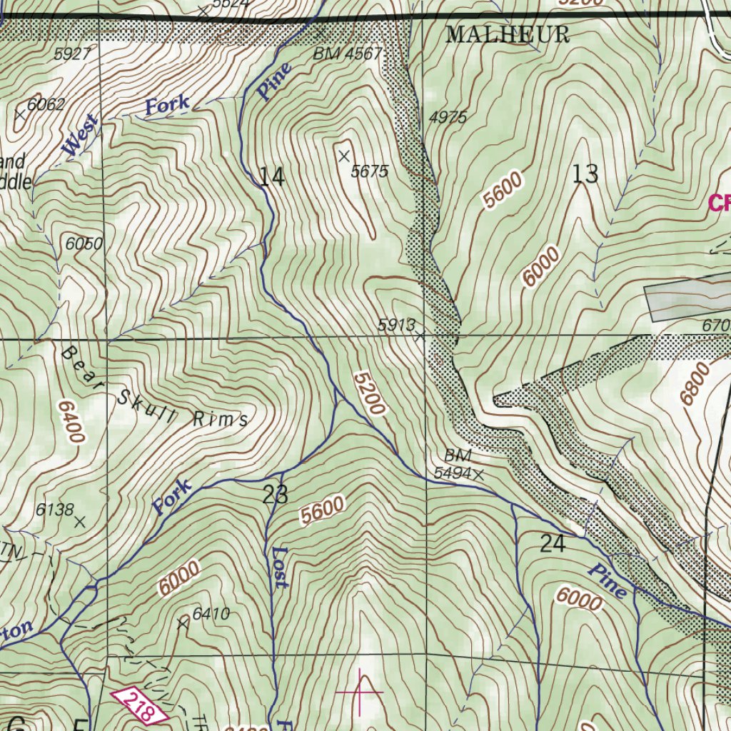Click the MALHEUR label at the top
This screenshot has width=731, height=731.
[508, 34]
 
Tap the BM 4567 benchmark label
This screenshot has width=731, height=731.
[348, 54]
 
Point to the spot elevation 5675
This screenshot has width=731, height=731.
[369, 171]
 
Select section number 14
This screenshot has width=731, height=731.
[272, 176]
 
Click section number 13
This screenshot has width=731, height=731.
[585, 173]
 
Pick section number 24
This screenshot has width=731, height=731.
[553, 544]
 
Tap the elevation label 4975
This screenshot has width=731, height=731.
[448, 117]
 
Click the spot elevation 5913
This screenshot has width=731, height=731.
[396, 325]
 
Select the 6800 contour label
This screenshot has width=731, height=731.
[695, 384]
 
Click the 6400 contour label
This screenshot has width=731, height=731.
[72, 421]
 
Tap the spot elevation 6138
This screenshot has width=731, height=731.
[55, 510]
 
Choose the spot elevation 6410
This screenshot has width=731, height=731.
[211, 613]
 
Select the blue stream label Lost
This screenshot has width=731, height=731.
[280, 568]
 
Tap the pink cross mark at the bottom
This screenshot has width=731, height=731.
[359, 692]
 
